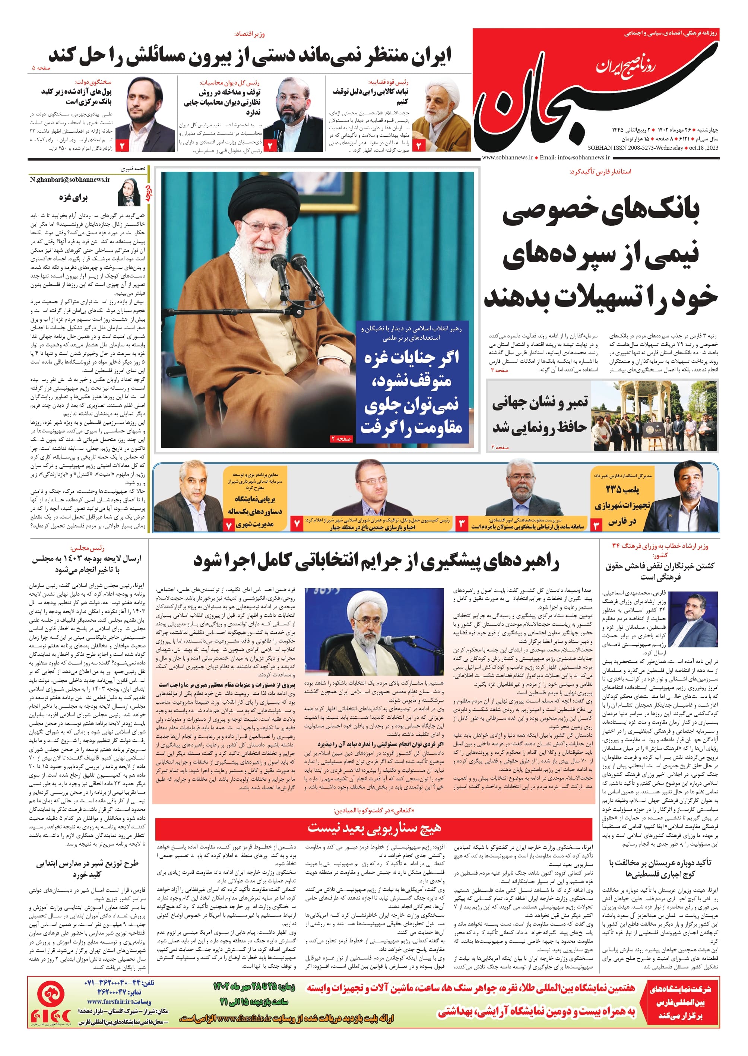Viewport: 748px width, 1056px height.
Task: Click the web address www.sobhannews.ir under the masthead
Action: (x=507, y=158)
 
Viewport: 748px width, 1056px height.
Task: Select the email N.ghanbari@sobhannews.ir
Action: (x=70, y=180)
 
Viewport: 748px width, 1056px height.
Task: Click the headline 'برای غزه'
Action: (x=73, y=197)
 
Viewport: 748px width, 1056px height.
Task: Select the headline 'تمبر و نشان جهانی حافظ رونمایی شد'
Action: (x=540, y=415)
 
